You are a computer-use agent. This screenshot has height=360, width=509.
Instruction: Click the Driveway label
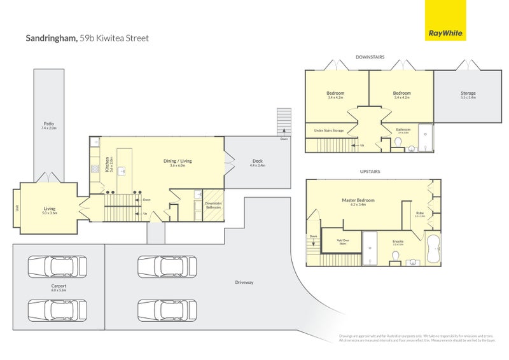(x=244, y=282)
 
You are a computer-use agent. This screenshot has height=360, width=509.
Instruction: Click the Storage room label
(x=468, y=95)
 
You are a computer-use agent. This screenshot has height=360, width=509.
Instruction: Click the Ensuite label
(x=398, y=242)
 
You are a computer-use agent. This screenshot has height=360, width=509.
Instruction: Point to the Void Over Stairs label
(x=342, y=241)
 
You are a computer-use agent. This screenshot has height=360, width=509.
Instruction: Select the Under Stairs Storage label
(x=329, y=131)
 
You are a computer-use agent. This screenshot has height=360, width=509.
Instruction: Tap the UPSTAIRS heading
(x=370, y=172)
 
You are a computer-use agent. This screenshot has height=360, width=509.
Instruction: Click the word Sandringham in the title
(x=50, y=38)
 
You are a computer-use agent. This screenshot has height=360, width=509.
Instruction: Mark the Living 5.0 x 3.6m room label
(x=50, y=209)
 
